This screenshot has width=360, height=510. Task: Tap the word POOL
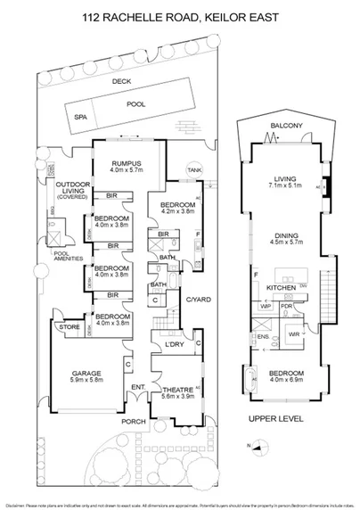click(x=137, y=104)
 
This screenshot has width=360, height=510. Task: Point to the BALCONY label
click(x=283, y=127)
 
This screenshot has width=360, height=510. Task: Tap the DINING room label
click(x=283, y=235)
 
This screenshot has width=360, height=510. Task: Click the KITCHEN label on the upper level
click(x=282, y=289)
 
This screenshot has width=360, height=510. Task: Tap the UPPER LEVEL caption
click(x=276, y=417)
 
